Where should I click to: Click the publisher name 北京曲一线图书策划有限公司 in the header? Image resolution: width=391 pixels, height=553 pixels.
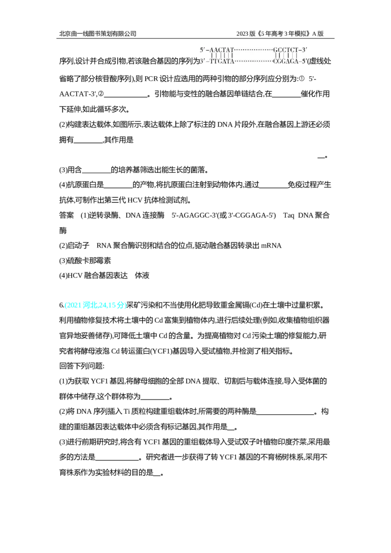click(x=98, y=34)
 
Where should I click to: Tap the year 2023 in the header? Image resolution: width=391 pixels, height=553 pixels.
click(x=242, y=34)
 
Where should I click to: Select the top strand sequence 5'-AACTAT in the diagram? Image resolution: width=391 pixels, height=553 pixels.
click(x=217, y=50)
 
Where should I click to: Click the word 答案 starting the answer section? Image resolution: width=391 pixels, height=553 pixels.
click(x=66, y=215)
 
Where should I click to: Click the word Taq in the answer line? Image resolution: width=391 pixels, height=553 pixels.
click(x=288, y=215)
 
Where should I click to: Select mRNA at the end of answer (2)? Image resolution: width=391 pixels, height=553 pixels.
click(x=271, y=245)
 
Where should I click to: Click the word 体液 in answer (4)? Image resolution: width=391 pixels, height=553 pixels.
click(x=142, y=276)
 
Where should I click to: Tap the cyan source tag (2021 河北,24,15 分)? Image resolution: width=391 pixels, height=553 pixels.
click(x=95, y=305)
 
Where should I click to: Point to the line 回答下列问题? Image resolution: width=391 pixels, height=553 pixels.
click(x=82, y=366)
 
